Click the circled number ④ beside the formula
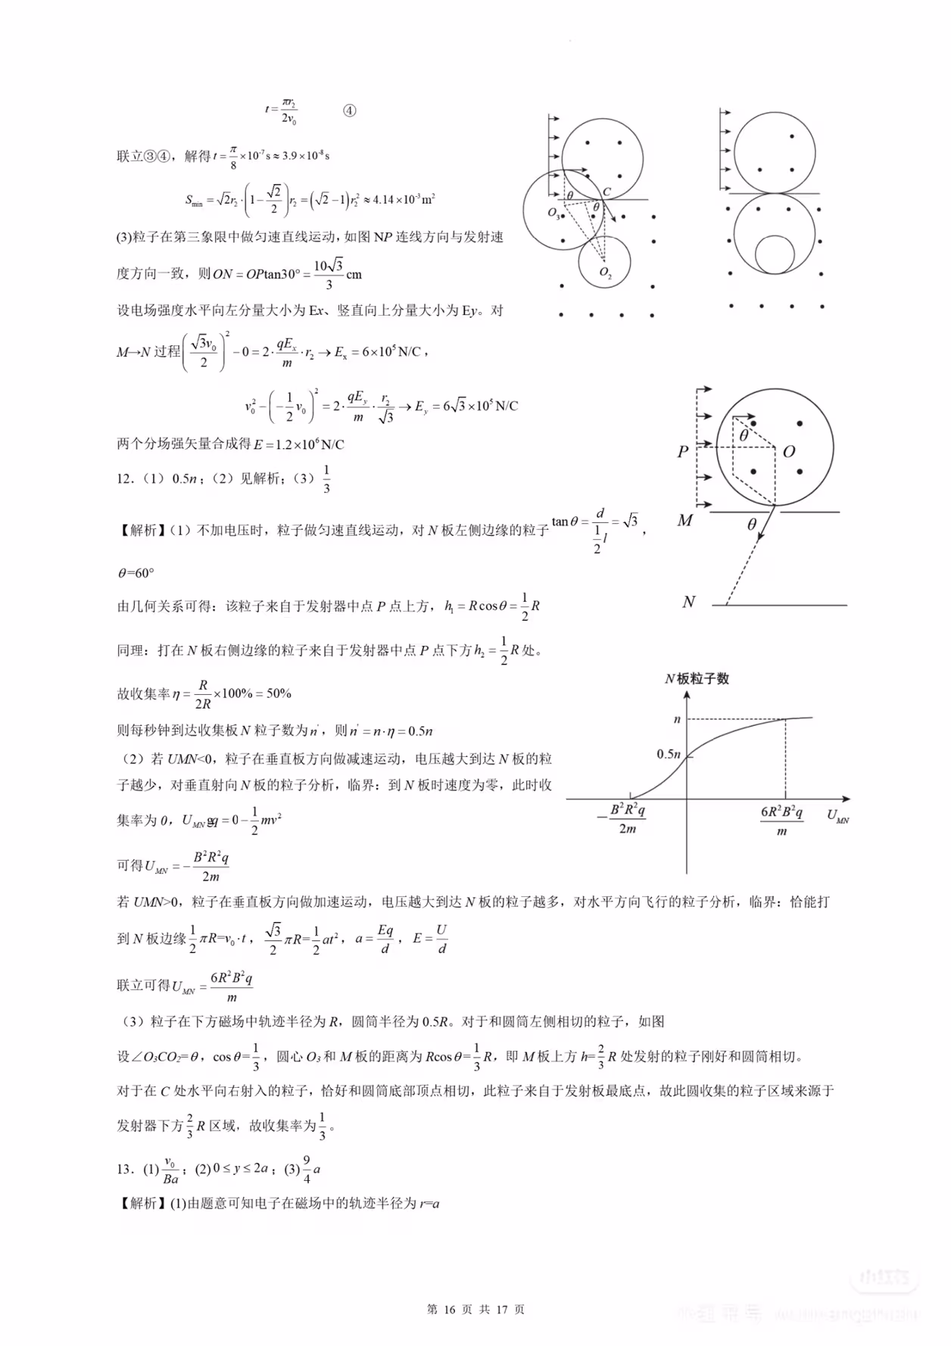tap(349, 111)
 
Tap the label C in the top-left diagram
tap(606, 192)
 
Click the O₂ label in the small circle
tap(605, 273)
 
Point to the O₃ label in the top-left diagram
tap(553, 213)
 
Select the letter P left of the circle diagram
tap(683, 452)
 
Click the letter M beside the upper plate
tap(684, 521)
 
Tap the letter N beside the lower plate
tap(688, 603)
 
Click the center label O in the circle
tap(789, 451)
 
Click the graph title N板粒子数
tap(697, 678)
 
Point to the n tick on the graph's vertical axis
tap(677, 719)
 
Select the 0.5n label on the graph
tap(669, 754)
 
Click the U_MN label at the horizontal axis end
tap(837, 816)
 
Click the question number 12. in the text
tap(126, 478)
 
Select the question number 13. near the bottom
tap(126, 1169)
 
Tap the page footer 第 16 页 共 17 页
tap(475, 1310)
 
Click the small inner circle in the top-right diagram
tap(775, 254)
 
